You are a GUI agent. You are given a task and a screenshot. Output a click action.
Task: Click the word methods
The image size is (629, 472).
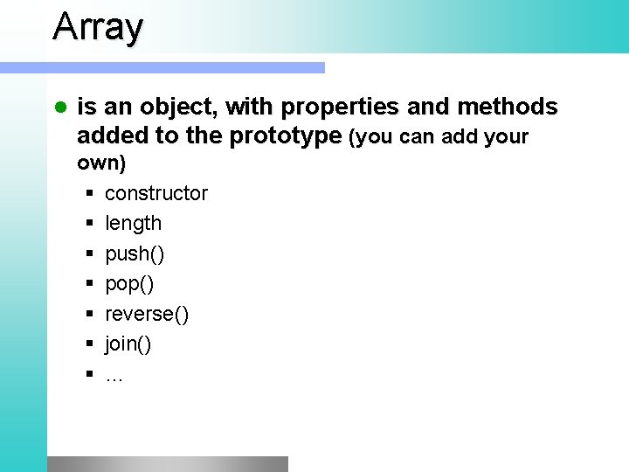click(506, 108)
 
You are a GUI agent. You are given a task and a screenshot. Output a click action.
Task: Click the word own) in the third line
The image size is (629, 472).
click(101, 163)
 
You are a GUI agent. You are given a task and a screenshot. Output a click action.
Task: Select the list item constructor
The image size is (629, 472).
click(156, 193)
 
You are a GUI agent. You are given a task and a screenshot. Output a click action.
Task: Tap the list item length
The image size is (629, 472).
click(133, 223)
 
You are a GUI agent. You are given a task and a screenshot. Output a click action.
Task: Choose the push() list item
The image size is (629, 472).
click(135, 253)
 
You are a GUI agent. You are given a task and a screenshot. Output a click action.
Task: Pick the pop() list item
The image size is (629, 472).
click(129, 284)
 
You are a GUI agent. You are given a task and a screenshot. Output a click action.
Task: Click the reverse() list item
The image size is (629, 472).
click(146, 314)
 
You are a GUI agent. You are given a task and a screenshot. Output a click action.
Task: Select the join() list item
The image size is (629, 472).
click(128, 344)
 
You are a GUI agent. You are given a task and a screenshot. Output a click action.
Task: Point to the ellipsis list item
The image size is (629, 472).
click(114, 376)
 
